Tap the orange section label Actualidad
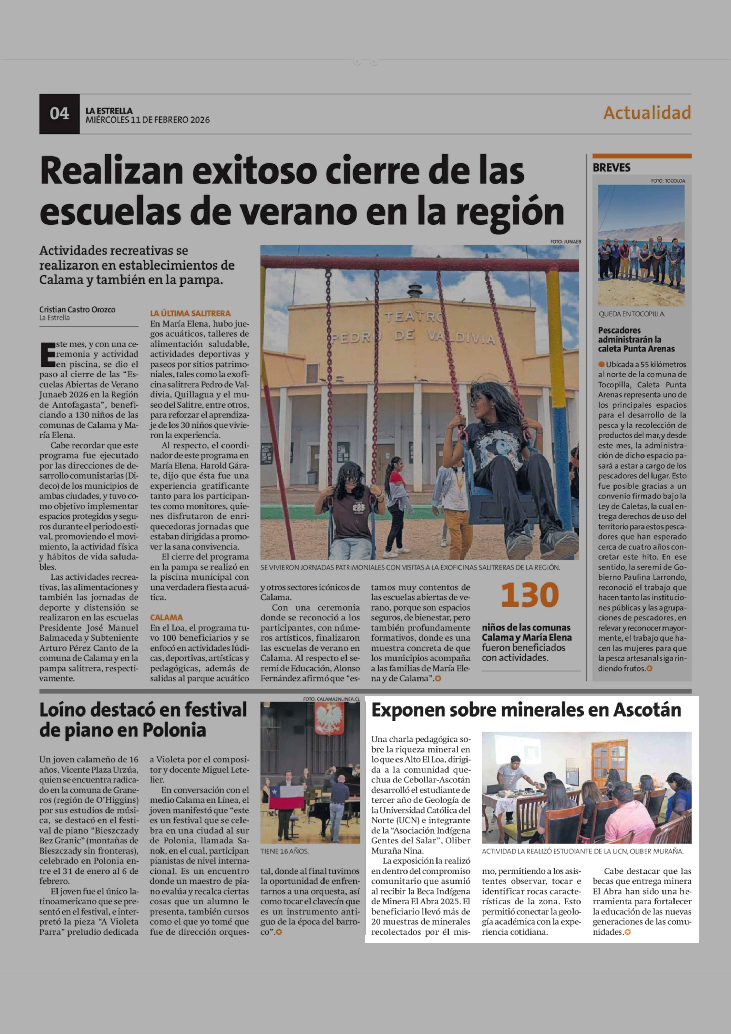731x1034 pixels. click(647, 113)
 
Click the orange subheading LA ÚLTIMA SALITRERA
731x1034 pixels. click(190, 313)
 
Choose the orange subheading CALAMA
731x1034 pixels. click(166, 617)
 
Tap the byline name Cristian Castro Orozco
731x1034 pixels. click(77, 309)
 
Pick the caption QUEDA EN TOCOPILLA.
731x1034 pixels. click(631, 314)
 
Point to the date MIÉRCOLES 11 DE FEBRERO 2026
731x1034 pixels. click(148, 120)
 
